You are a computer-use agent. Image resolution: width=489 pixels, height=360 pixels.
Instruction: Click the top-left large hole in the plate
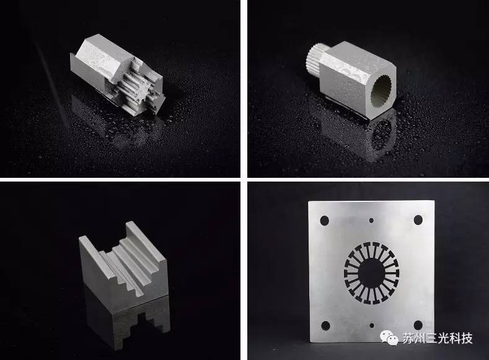[325, 221]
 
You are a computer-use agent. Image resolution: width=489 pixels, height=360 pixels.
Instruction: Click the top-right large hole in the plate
[418, 220]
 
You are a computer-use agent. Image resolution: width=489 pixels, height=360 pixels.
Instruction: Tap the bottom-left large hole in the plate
[325, 326]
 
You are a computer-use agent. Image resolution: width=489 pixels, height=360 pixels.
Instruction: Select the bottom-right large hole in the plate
[418, 325]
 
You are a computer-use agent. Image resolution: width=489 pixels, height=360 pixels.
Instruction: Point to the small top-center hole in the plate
[371, 221]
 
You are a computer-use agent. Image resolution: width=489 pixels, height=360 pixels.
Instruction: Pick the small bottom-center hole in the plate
[372, 325]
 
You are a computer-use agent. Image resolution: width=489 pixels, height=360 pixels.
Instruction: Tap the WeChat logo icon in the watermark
[389, 338]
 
